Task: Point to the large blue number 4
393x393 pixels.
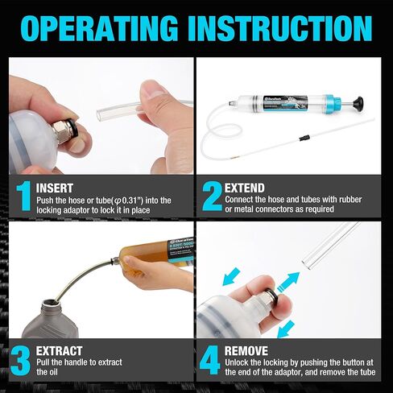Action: [211, 361]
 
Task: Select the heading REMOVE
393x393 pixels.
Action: [246, 351]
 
